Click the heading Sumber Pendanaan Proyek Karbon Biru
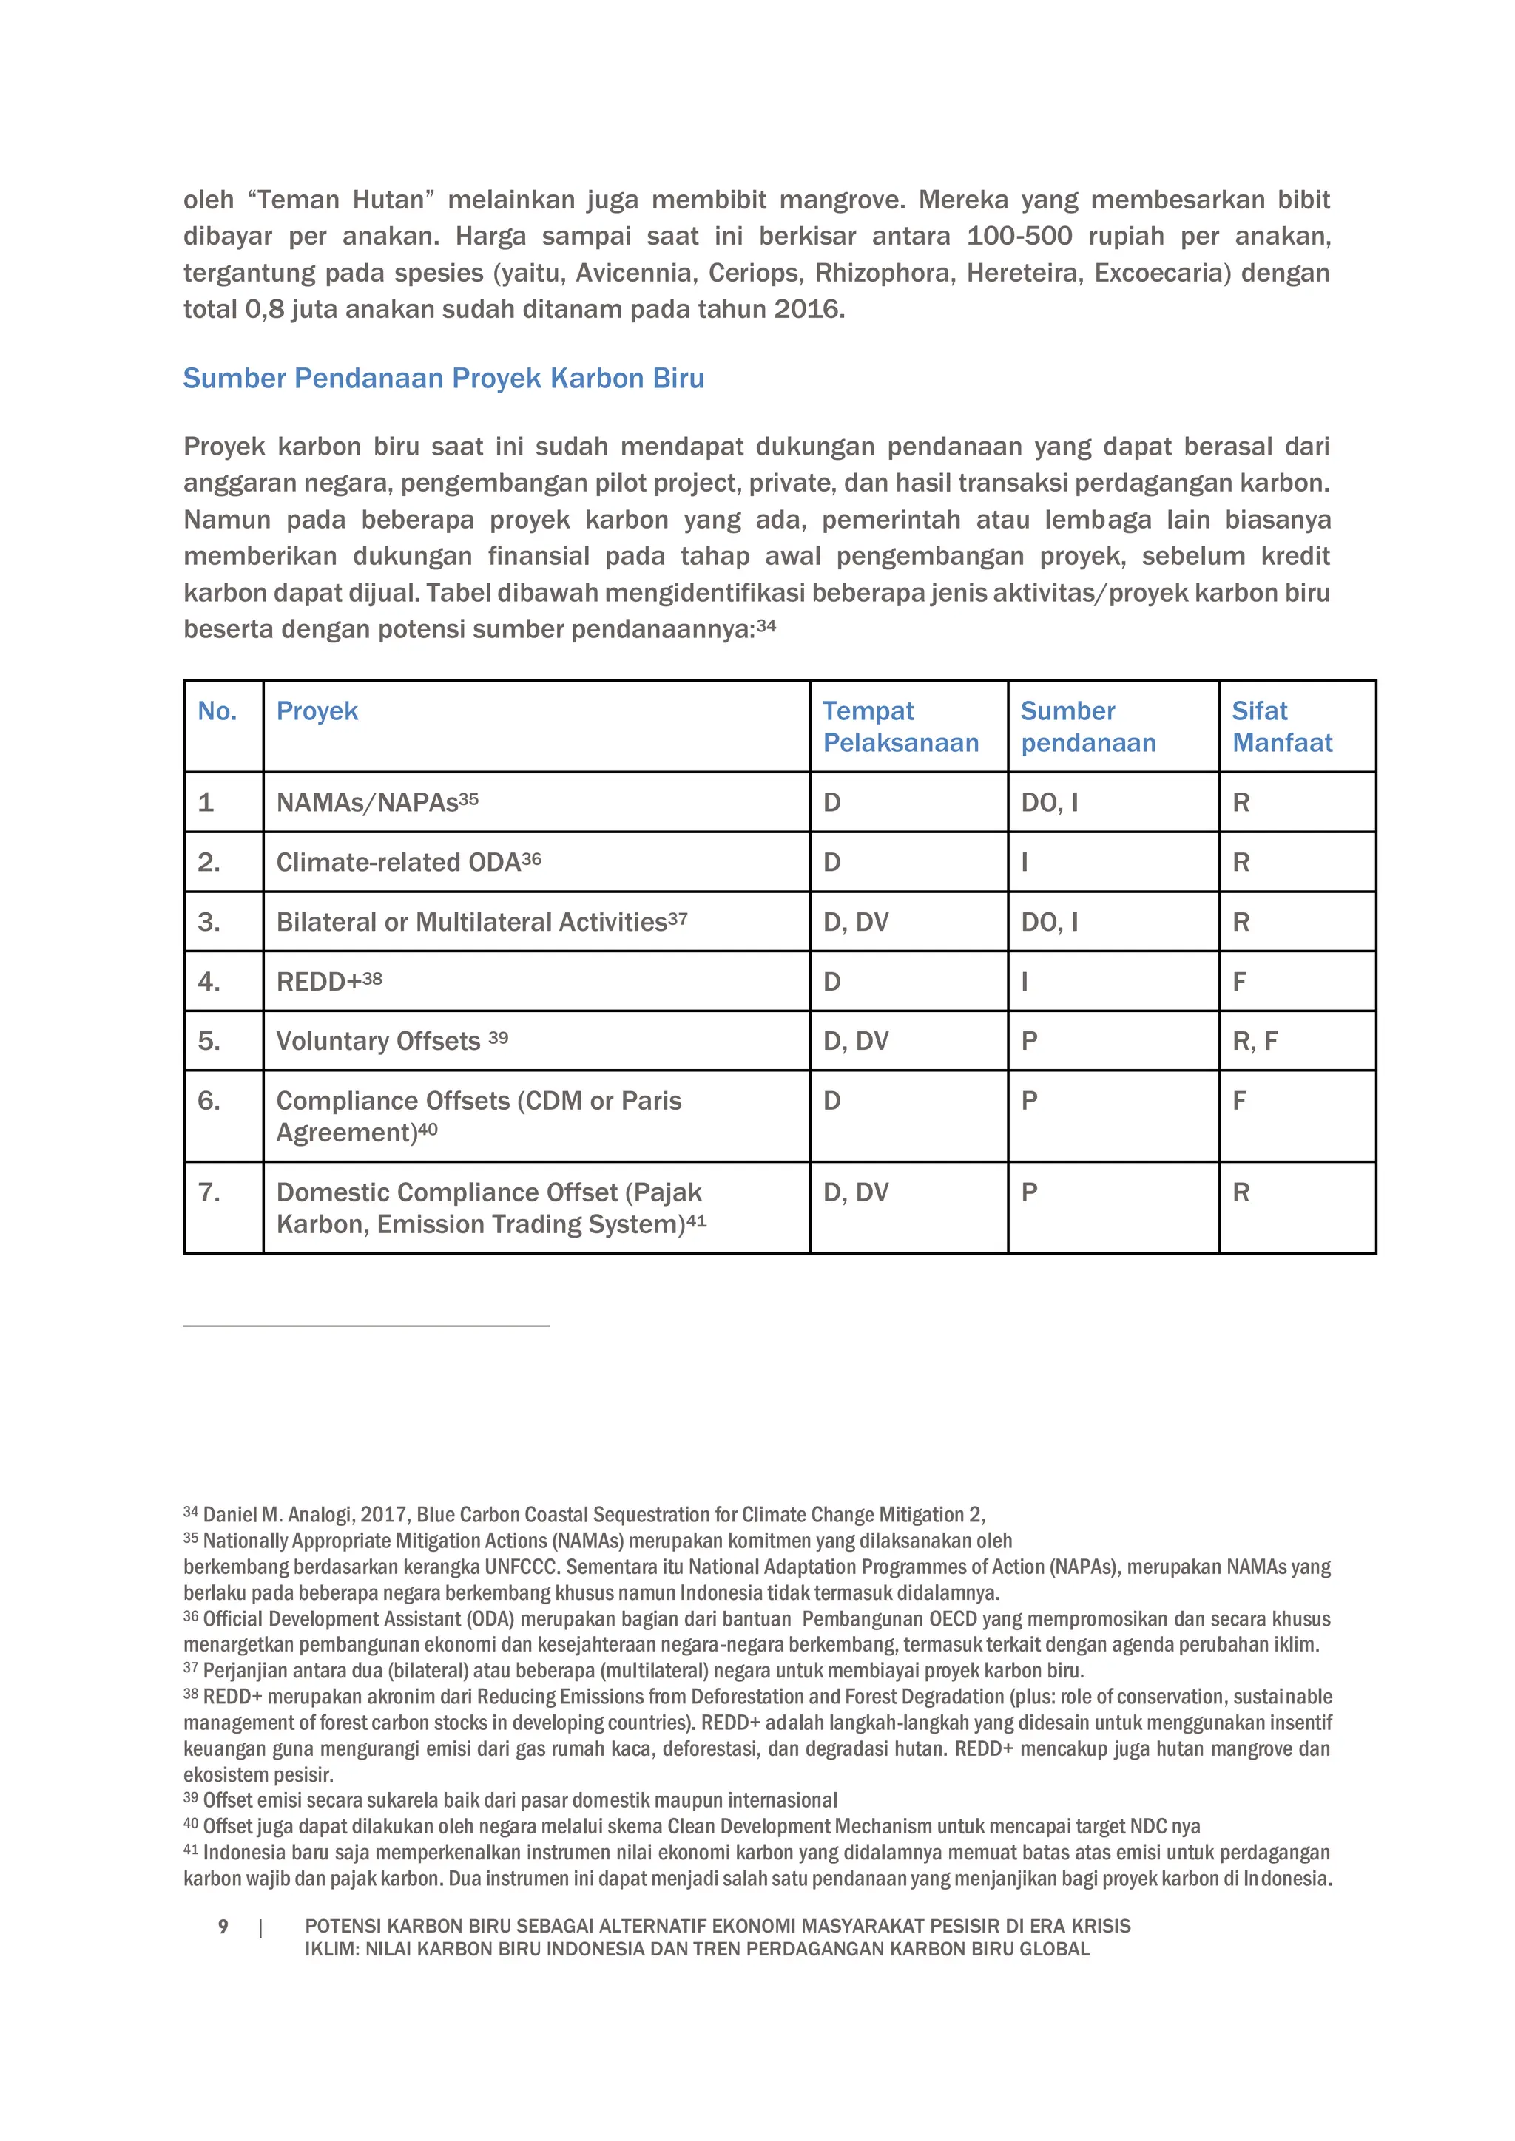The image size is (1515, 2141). coord(443,379)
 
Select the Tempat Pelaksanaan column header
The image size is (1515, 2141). coord(900,727)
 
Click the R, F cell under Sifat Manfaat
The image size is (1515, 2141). coord(1255,1041)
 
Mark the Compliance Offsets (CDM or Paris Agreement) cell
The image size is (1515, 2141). coord(479,1116)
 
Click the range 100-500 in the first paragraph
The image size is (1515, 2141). coord(1019,236)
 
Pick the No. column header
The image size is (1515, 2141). coord(217,711)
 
